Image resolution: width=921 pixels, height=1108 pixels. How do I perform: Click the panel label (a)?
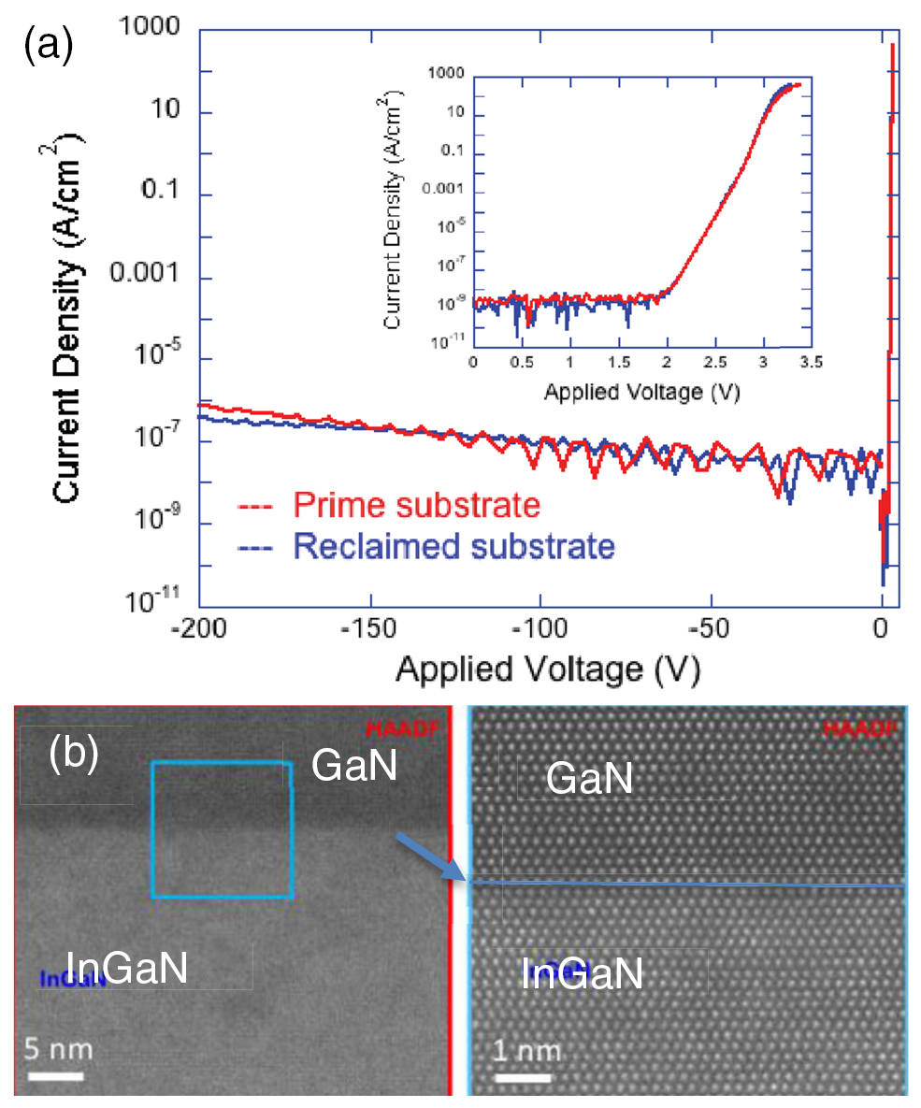(x=48, y=46)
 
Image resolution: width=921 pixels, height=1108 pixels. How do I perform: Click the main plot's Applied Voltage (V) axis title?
(x=547, y=669)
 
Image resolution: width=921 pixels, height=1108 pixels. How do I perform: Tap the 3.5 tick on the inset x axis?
(x=812, y=364)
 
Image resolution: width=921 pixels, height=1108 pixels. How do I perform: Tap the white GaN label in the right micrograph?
(x=589, y=779)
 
